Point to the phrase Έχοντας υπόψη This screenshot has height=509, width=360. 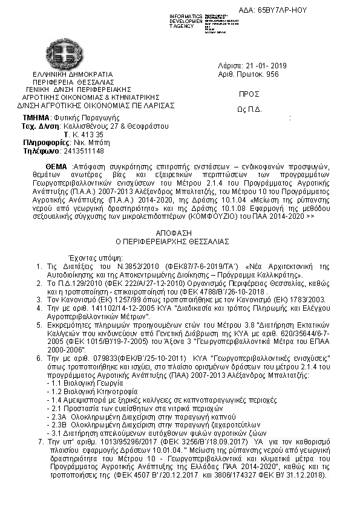click(x=88, y=256)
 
